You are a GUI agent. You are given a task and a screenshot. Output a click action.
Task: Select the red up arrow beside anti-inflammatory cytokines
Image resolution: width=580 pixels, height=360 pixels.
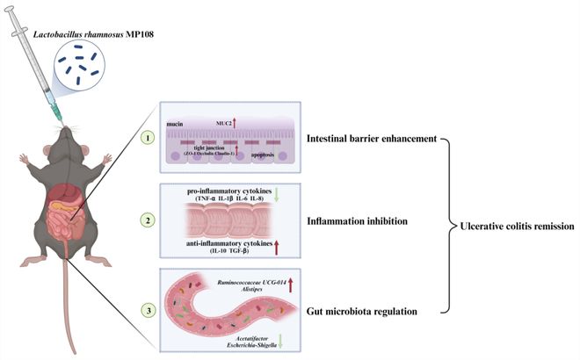pyautogui.click(x=276, y=247)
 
